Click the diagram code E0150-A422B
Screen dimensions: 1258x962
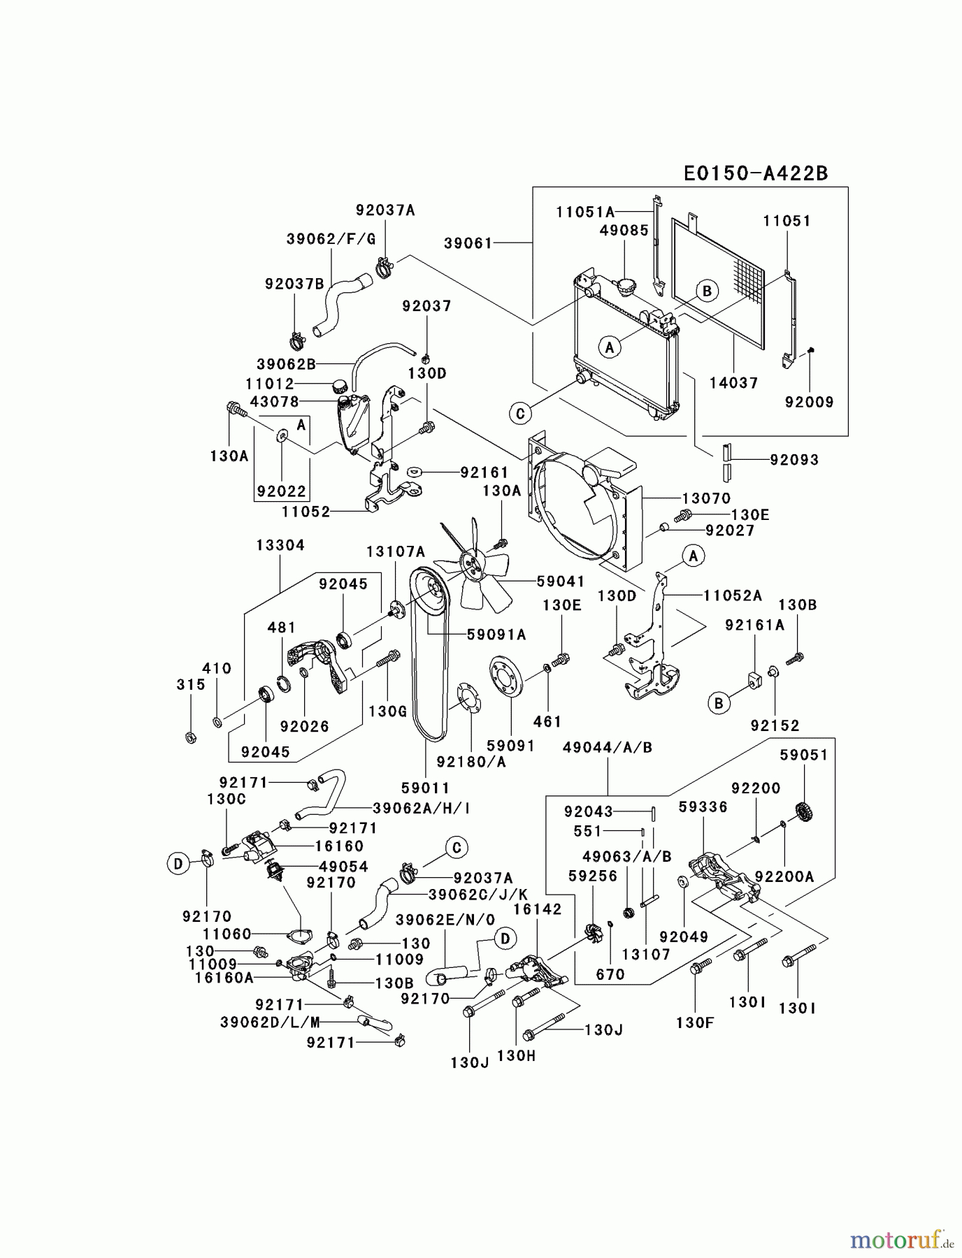pyautogui.click(x=755, y=173)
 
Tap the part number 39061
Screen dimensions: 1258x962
pyautogui.click(x=468, y=243)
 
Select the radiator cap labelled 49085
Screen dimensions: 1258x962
pyautogui.click(x=624, y=287)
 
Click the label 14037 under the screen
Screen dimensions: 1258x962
pyautogui.click(x=733, y=383)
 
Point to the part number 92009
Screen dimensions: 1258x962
pyautogui.click(x=809, y=402)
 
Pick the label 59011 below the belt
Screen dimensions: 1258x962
pyautogui.click(x=426, y=788)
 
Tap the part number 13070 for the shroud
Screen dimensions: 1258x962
pyautogui.click(x=706, y=498)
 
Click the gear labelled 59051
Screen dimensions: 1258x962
pyautogui.click(x=805, y=813)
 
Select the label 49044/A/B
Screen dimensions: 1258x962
pyautogui.click(x=607, y=748)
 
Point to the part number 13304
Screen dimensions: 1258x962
pyautogui.click(x=280, y=545)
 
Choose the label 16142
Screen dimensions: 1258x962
pyautogui.click(x=537, y=909)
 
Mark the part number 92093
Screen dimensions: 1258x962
pyautogui.click(x=794, y=460)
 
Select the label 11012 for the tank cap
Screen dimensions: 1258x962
pyautogui.click(x=269, y=384)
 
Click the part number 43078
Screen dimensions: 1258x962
pyautogui.click(x=274, y=402)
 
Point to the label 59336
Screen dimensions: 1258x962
pyautogui.click(x=703, y=807)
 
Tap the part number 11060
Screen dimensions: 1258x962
pyautogui.click(x=227, y=933)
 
